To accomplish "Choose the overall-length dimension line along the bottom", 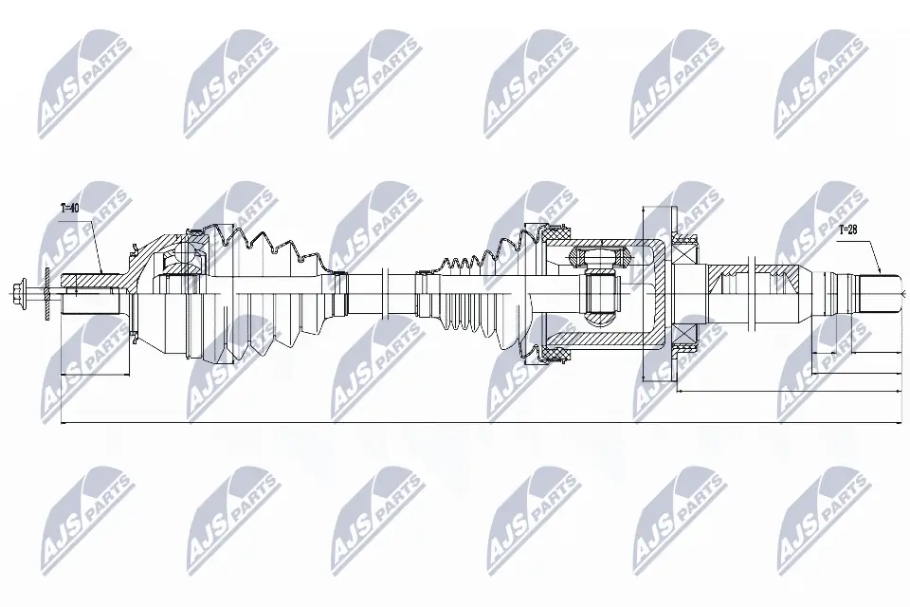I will [474, 423].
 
